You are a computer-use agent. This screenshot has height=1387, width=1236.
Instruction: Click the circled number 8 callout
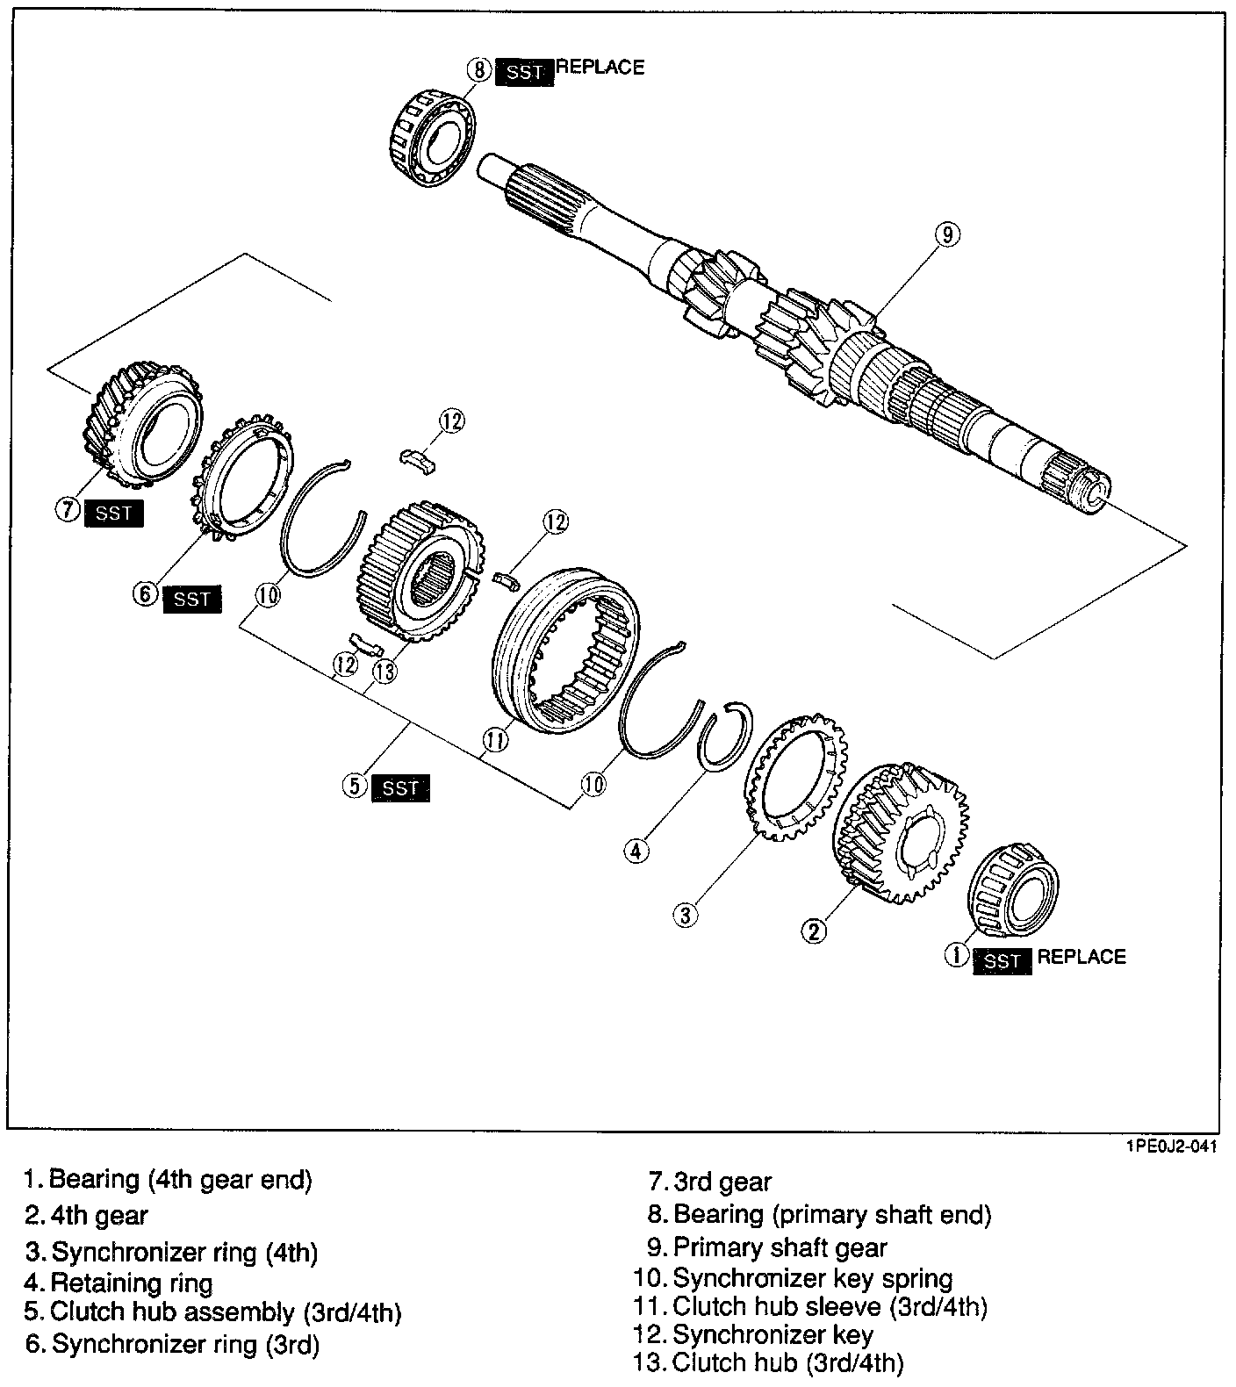tap(479, 70)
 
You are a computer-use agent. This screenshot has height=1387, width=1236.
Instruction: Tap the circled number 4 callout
tap(636, 850)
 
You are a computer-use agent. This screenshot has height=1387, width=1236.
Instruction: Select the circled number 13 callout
tap(384, 670)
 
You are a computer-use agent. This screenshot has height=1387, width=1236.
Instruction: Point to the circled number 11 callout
tap(495, 740)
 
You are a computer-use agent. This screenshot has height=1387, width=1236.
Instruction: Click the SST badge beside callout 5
tap(400, 787)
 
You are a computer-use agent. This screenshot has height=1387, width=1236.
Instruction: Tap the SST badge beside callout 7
tap(114, 513)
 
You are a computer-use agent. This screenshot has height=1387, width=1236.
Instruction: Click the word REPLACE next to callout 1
tap(1081, 957)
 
